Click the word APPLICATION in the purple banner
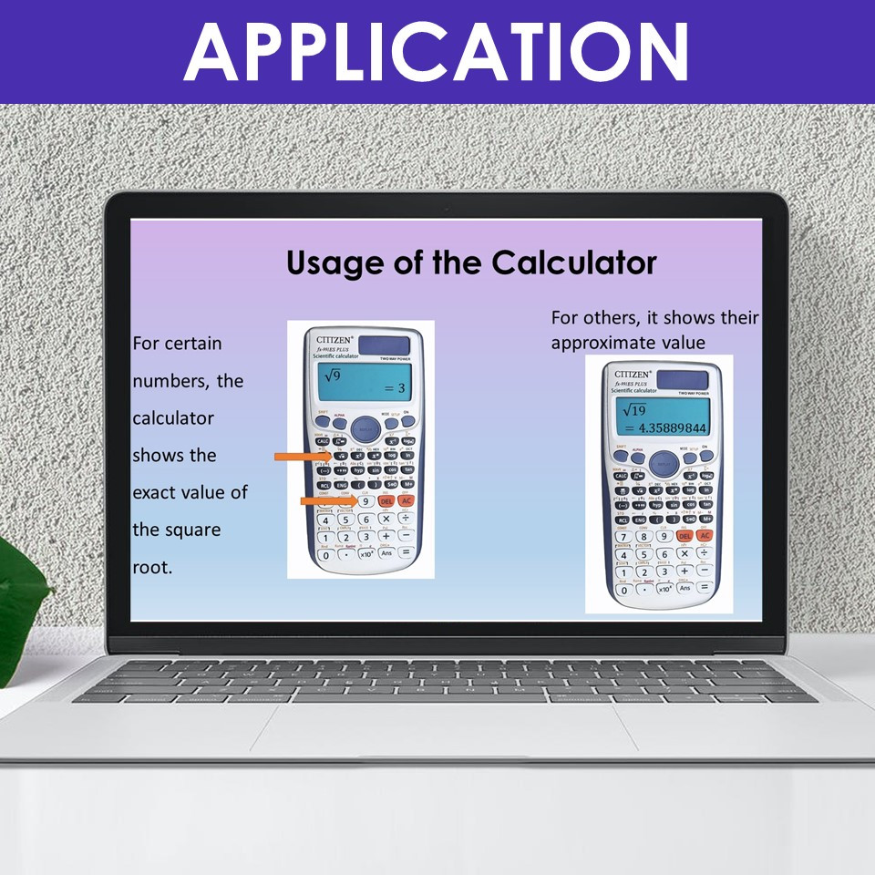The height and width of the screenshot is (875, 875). (x=437, y=51)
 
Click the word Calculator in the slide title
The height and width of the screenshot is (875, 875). (x=574, y=262)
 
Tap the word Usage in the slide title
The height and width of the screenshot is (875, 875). (x=334, y=262)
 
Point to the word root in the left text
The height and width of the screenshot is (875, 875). (x=151, y=566)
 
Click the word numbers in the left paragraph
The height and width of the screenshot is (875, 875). (x=170, y=380)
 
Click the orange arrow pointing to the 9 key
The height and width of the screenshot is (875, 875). (x=327, y=500)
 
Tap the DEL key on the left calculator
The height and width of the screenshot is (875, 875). (x=386, y=501)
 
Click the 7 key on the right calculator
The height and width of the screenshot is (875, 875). (x=624, y=536)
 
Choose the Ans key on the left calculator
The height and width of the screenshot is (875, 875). (x=386, y=553)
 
